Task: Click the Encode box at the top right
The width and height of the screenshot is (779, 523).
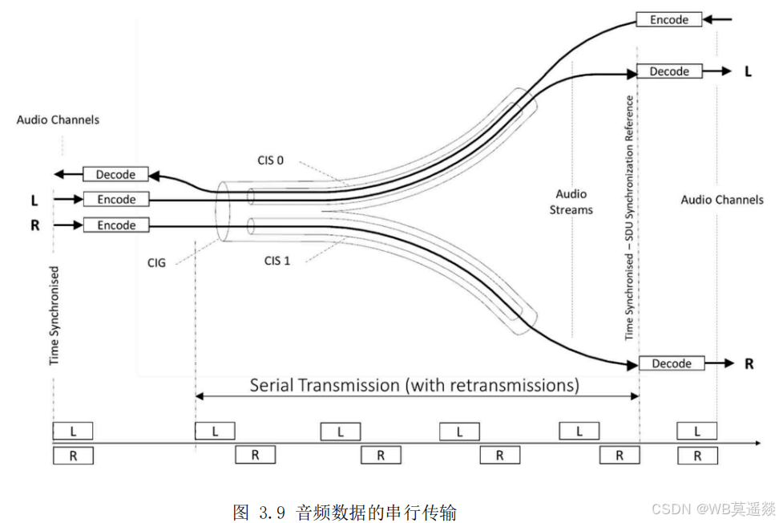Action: click(x=669, y=19)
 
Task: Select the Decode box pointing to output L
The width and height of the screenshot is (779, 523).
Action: click(x=669, y=71)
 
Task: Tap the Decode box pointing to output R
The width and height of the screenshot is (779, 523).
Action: click(x=672, y=363)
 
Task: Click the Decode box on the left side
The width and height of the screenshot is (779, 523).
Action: click(x=116, y=174)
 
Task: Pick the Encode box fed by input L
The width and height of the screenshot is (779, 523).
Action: click(x=116, y=200)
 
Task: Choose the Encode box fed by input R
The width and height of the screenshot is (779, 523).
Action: click(x=116, y=225)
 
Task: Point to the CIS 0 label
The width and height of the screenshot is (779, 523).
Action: click(x=270, y=160)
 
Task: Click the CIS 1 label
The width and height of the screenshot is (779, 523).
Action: click(x=276, y=260)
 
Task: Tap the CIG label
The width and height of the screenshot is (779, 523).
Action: click(x=156, y=261)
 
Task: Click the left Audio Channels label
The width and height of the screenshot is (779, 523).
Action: click(x=58, y=120)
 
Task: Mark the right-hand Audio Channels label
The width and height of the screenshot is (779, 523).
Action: click(x=722, y=200)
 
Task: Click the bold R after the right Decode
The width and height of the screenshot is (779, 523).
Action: click(x=749, y=363)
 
